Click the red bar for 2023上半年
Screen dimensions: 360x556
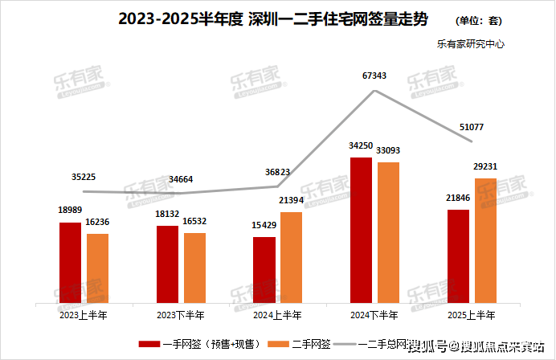click(70, 263)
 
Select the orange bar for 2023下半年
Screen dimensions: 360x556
click(194, 268)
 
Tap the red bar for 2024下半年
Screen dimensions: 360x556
click(362, 231)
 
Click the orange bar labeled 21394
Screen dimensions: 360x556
click(292, 257)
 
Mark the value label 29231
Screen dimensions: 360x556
click(484, 166)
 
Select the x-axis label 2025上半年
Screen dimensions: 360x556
click(472, 314)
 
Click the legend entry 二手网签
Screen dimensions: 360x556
click(306, 344)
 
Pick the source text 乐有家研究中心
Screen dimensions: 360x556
click(471, 45)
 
